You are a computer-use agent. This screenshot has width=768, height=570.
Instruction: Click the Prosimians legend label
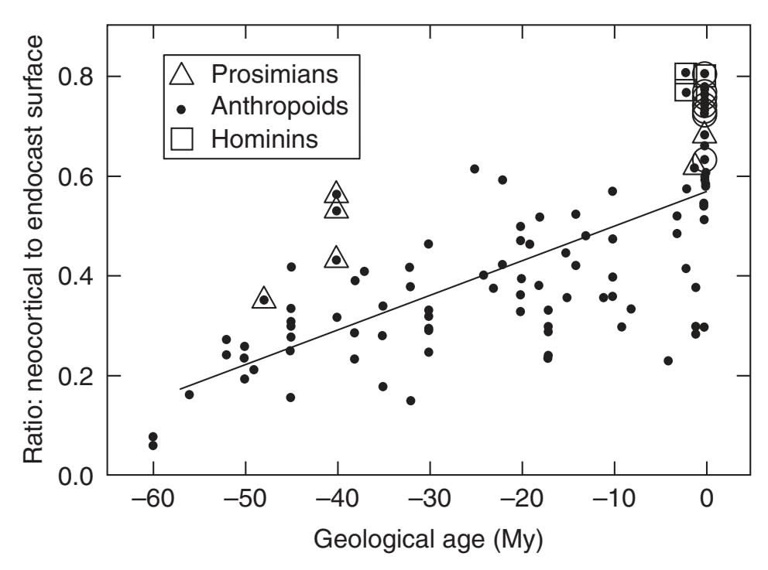coord(276,74)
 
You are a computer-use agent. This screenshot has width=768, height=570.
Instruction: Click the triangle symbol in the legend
coord(183,74)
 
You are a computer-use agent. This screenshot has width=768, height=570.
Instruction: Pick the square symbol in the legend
coord(183,139)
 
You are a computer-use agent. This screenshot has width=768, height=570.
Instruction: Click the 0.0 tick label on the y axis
coord(74,475)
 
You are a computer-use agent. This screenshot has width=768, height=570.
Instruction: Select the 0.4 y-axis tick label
coord(74,276)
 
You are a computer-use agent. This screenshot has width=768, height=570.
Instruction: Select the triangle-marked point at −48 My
coord(264,299)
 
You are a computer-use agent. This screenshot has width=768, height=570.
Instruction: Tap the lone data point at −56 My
coord(190,394)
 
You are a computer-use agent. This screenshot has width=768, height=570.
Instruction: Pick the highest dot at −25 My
coord(475,169)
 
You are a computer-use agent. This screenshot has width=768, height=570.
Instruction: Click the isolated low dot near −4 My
coord(668,360)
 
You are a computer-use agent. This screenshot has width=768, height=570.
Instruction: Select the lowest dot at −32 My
coord(410,401)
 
